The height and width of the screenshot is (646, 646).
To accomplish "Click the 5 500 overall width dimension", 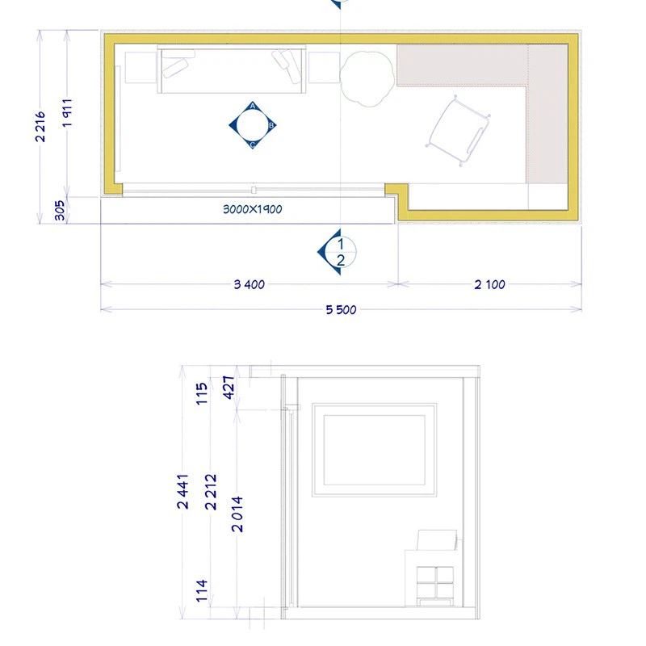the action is coord(341,310).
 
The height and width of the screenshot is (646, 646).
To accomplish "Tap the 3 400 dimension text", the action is coord(250,284).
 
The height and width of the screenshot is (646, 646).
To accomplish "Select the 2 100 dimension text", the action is coord(490,284).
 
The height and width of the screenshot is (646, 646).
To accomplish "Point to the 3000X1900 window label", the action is coord(253,209).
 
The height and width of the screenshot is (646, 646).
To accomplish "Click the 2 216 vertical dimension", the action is coord(40,127).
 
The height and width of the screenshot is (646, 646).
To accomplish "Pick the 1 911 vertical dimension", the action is coord(68,113).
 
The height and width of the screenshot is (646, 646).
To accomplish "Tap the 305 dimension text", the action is coord(60,211).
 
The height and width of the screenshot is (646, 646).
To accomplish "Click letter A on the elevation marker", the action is coord(253,107).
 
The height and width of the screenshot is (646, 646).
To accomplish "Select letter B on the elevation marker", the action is coord(271,125).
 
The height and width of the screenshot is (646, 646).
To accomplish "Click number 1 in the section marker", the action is coord(340,244).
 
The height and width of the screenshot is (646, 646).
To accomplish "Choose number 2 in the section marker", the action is coord(340,260).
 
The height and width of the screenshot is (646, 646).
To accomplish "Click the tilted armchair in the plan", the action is coord(459,131).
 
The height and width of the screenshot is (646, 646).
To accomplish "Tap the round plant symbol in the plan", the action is coord(367,78).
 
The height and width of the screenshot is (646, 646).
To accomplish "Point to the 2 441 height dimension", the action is coord(183,492).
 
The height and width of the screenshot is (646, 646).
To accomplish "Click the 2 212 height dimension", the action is coord(211,492).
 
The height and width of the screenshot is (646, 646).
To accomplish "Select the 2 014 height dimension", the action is coord(237,514).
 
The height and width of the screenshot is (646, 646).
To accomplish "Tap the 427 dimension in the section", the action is coord(229,388).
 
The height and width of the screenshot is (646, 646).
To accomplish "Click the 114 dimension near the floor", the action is coord(201,591).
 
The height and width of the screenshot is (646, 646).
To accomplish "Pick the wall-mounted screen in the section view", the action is coord(374,450).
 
